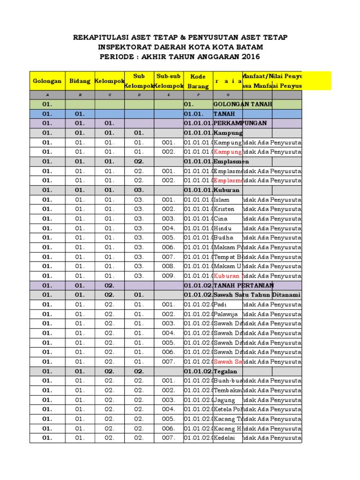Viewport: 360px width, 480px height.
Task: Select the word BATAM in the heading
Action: click(248, 47)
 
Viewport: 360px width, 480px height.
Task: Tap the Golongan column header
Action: click(47, 81)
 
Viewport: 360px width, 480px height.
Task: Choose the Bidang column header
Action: click(80, 81)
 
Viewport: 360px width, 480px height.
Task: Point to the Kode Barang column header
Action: click(198, 81)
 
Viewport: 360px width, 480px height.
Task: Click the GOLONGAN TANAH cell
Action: click(242, 104)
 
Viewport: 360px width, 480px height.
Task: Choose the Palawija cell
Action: click(225, 314)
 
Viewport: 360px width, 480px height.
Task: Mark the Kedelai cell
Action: click(225, 438)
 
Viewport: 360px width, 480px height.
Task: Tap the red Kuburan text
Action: click(227, 276)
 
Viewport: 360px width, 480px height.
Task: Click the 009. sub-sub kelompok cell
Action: click(168, 276)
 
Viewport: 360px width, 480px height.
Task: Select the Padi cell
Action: click(220, 304)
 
